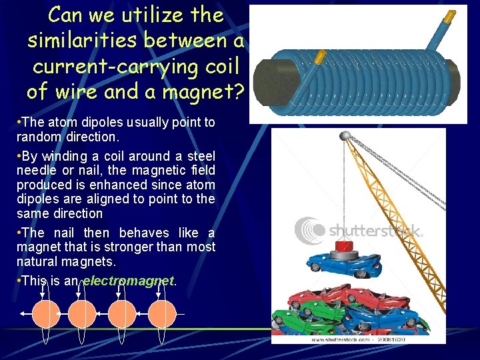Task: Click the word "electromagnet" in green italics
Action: [128, 281]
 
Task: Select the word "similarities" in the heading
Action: [83, 40]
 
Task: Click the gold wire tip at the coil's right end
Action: [450, 15]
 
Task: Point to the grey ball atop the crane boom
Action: [345, 136]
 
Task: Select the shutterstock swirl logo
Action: [309, 229]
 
